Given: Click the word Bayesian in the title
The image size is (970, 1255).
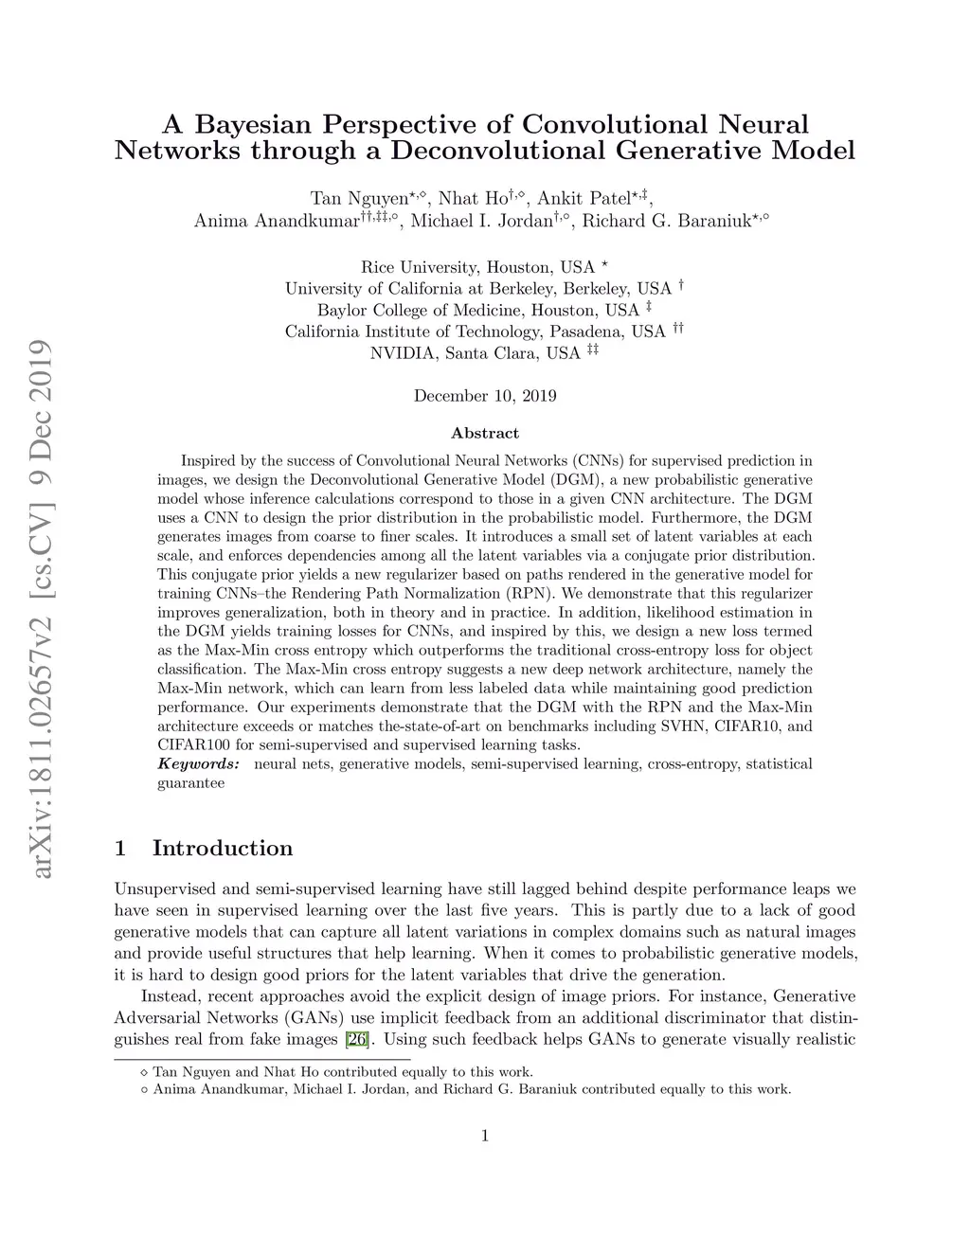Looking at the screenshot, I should [250, 125].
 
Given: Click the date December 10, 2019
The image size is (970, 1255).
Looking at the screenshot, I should [485, 396].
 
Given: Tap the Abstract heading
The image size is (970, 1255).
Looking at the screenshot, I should [485, 433].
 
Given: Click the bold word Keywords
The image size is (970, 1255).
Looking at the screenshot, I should [198, 763].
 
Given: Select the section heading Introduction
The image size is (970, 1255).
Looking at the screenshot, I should [223, 848].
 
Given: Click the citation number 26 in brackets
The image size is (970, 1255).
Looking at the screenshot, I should [357, 1039].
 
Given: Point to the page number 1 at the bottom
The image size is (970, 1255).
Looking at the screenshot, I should [485, 1137].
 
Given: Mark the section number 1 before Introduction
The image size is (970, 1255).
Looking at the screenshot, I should [120, 848].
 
